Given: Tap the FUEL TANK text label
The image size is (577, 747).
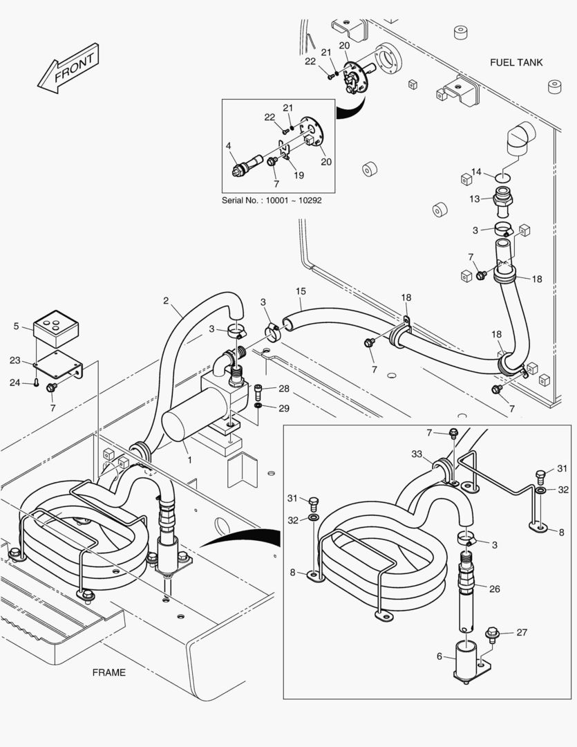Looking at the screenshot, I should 516,62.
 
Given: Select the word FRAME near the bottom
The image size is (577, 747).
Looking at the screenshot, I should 109,672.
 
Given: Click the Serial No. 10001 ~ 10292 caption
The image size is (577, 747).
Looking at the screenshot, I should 272,200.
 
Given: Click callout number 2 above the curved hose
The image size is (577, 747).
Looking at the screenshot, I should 166,300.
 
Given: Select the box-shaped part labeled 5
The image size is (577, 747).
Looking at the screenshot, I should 56,325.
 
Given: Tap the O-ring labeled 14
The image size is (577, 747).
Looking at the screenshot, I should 504,176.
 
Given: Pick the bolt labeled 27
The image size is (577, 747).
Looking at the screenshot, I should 492,632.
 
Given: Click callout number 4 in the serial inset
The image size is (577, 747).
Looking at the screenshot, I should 227,146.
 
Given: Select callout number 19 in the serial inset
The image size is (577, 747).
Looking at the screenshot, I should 299,175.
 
